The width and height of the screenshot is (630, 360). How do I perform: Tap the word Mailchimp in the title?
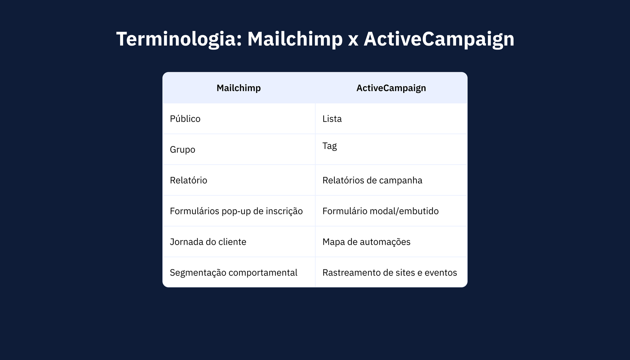295,39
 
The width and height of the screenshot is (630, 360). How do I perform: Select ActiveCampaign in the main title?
439,39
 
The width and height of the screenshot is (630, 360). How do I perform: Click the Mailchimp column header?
239,88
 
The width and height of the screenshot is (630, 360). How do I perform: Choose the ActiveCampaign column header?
391,88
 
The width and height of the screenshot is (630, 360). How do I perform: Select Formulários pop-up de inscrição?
236,211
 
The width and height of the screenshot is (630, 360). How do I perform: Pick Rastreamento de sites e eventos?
390,273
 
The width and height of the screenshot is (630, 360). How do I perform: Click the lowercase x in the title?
353,41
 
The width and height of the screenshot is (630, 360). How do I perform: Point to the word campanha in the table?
401,180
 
